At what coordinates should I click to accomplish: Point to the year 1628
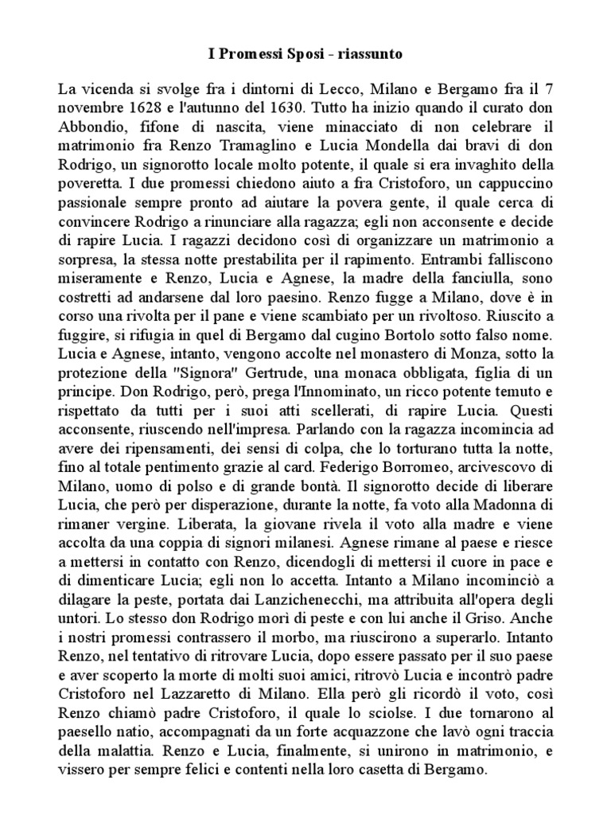tap(145, 108)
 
